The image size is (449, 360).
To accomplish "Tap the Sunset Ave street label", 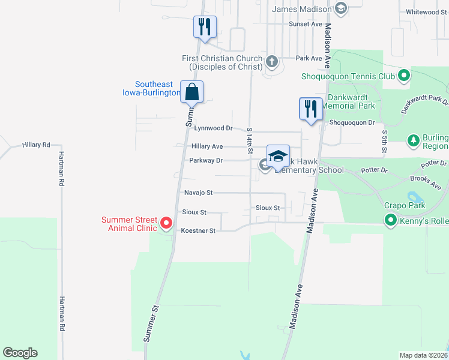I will tap(306, 24).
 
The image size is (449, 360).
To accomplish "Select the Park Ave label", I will tap(309, 58).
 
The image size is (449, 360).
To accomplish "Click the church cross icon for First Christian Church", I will tap(272, 61).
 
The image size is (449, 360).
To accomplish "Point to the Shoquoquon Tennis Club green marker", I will tap(404, 76).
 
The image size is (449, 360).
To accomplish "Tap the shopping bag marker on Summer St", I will tap(192, 92).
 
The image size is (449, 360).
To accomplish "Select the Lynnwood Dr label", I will tap(213, 128).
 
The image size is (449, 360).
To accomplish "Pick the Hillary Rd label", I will tap(36, 145).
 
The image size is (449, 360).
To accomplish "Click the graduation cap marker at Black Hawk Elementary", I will tap(278, 155).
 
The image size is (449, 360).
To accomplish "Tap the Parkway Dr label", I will tap(206, 161).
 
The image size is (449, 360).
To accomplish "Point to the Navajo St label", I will tap(198, 193).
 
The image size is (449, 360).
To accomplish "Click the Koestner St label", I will tap(198, 230).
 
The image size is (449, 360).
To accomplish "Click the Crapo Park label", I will tap(405, 206).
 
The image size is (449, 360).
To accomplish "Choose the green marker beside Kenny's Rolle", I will tap(391, 221).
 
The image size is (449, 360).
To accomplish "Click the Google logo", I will tap(20, 353).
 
